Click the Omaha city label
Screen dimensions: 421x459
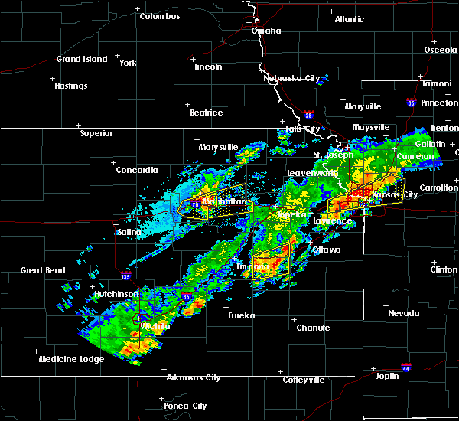267,31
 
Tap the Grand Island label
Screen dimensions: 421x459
79,59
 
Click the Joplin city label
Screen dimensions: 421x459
392,376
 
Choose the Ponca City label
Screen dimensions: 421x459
188,406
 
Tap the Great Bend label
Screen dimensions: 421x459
42,270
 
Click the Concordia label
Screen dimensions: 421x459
137,170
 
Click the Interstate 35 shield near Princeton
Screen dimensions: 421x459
412,102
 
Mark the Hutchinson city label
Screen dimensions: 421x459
116,294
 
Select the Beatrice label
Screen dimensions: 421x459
207,113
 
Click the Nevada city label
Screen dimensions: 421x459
403,313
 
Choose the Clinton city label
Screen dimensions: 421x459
444,269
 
